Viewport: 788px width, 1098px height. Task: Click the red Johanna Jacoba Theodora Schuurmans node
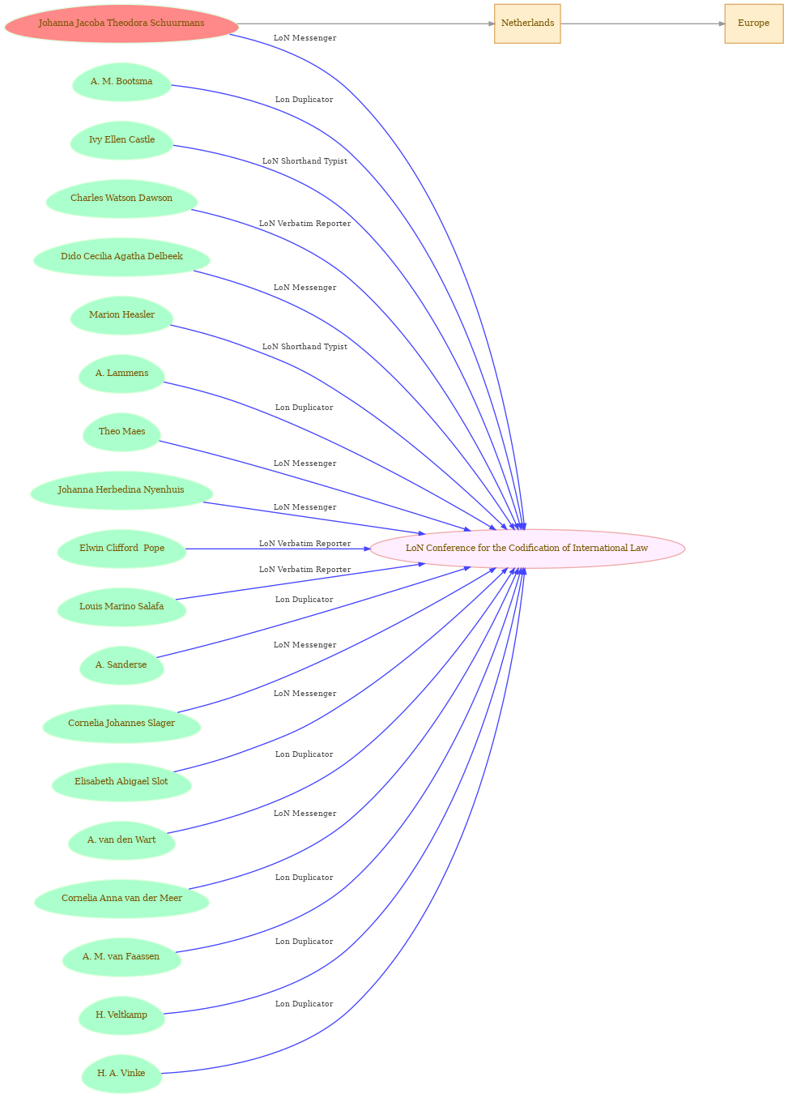click(x=121, y=23)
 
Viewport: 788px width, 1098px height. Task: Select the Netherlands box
click(x=527, y=23)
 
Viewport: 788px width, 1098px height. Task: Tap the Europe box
click(x=754, y=23)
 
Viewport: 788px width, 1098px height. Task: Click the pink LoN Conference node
click(x=527, y=549)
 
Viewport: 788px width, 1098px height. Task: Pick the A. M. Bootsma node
click(x=121, y=82)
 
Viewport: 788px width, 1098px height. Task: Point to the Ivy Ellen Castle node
click(x=122, y=140)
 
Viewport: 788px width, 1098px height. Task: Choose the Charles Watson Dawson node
click(x=121, y=199)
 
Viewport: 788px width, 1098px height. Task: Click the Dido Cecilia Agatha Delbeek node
click(x=121, y=257)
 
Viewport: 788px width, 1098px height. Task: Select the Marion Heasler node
click(x=122, y=315)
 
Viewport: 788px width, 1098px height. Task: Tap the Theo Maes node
click(x=122, y=432)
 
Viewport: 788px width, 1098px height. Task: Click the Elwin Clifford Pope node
click(x=122, y=549)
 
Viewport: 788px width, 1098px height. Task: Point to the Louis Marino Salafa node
click(x=122, y=607)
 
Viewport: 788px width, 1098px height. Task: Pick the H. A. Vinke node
click(x=121, y=1074)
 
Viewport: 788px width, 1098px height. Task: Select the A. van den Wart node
click(x=121, y=840)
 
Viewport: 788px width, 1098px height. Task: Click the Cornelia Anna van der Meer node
click(x=122, y=899)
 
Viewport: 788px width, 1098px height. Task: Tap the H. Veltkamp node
click(x=121, y=1015)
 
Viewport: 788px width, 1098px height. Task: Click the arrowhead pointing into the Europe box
click(x=722, y=23)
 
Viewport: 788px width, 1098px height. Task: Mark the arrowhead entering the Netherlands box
click(x=492, y=23)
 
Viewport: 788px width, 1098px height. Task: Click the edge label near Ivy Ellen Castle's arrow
click(x=305, y=160)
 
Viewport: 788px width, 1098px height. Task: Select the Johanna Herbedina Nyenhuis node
click(x=121, y=490)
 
